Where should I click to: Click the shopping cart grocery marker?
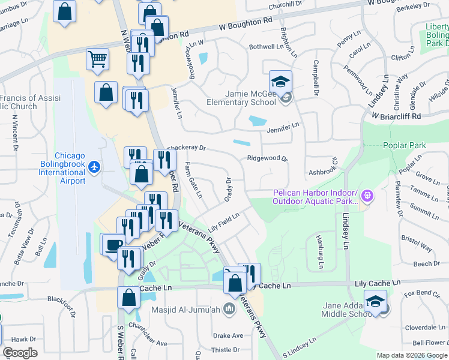pyautogui.click(x=97, y=59)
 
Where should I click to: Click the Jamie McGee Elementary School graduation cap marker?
pyautogui.click(x=280, y=82)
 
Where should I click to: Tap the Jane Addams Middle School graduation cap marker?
pyautogui.click(x=375, y=302)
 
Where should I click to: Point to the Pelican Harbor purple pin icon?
pyautogui.click(x=367, y=195)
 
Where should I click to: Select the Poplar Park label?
pyautogui.click(x=403, y=145)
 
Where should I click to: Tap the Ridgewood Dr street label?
pyautogui.click(x=268, y=159)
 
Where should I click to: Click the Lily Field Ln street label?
pyautogui.click(x=224, y=223)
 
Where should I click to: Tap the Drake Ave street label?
pyautogui.click(x=228, y=335)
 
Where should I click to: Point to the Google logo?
pyautogui.click(x=20, y=353)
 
